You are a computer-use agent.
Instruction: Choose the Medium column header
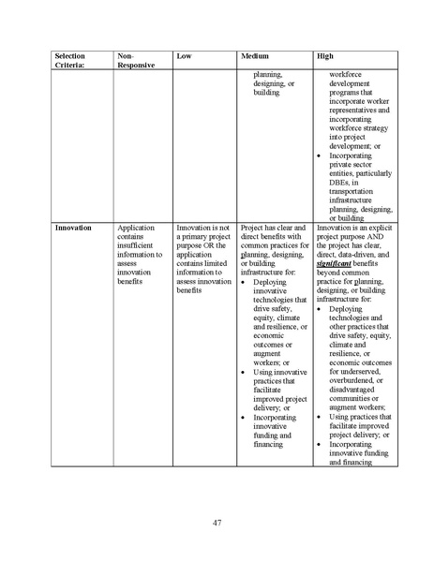(x=255, y=56)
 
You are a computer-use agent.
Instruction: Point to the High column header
(x=325, y=56)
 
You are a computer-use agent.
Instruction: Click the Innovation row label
(x=73, y=228)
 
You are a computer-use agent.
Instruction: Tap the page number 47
(x=217, y=522)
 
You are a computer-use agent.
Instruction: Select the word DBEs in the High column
(x=339, y=182)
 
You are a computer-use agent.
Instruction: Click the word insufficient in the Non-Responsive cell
(x=139, y=246)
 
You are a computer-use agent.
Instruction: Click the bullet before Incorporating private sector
(x=321, y=155)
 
